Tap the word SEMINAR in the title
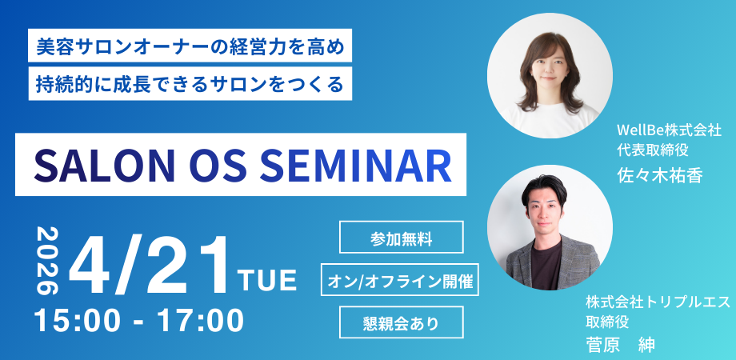click(x=355, y=166)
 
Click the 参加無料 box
click(x=402, y=237)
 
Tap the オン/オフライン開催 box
click(x=400, y=280)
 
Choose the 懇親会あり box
click(x=402, y=322)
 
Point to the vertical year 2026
click(x=47, y=261)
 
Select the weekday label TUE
click(x=267, y=280)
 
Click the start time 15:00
click(x=78, y=321)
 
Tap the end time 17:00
click(x=201, y=321)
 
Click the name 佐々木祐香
click(x=659, y=175)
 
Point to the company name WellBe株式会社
click(x=669, y=130)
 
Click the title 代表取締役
click(x=653, y=150)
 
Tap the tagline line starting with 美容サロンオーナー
click(x=190, y=46)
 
